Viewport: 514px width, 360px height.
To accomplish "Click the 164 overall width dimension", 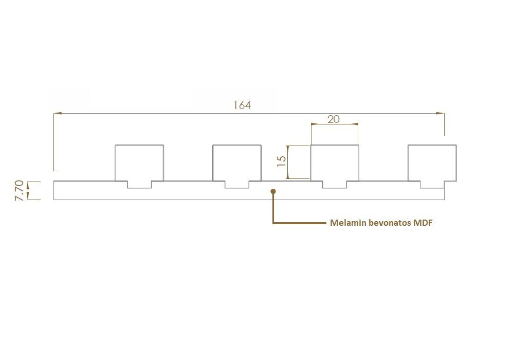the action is click(242, 105).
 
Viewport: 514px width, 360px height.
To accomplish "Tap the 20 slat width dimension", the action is click(334, 119).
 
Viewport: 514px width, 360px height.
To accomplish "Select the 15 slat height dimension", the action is click(282, 161).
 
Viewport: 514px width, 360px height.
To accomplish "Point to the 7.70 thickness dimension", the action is click(20, 190).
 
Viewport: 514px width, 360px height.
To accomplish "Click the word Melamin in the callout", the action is click(348, 223).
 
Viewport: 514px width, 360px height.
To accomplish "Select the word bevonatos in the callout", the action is click(390, 223).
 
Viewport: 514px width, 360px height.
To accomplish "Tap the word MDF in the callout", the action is click(423, 223).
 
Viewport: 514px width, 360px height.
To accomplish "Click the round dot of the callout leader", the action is click(273, 191).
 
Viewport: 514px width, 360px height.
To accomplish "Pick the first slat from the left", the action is click(139, 163).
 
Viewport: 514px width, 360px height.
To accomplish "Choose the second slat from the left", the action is click(237, 163).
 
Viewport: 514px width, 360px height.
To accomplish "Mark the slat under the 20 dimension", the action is click(335, 163).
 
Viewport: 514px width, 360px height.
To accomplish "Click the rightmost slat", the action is click(432, 163).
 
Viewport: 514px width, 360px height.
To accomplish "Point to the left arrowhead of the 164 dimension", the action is click(58, 113).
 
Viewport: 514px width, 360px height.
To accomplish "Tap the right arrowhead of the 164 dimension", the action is click(440, 113).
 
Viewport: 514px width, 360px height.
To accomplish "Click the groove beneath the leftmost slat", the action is click(139, 185).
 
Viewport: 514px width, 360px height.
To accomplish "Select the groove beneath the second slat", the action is click(237, 185).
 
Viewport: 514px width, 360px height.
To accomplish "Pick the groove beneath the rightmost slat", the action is click(432, 185).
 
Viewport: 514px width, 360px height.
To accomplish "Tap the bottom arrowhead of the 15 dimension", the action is click(288, 175).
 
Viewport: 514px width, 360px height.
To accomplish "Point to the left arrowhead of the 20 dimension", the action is click(315, 124).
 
